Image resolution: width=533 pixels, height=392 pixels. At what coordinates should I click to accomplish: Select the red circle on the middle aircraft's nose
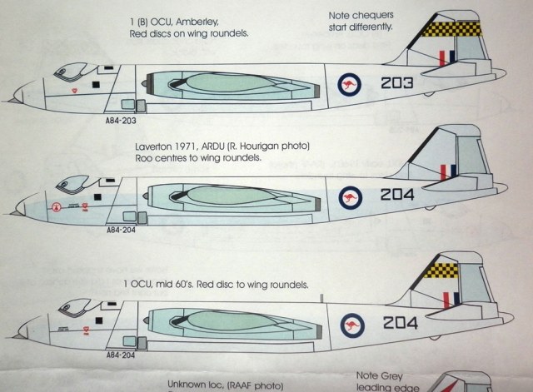point(56,207)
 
